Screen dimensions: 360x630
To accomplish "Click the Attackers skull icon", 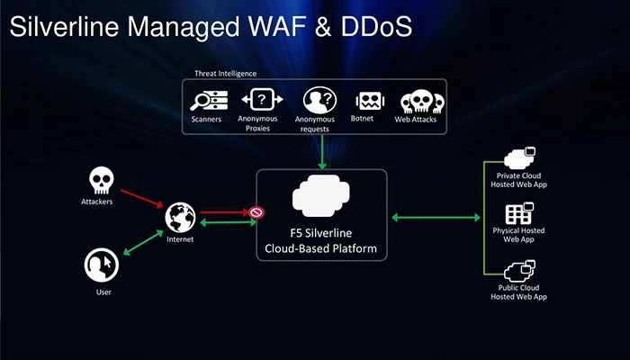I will (x=103, y=181).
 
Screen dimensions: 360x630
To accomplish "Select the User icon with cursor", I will (x=101, y=265).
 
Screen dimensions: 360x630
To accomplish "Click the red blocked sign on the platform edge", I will (x=256, y=212).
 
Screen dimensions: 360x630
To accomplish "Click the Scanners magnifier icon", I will (x=206, y=100).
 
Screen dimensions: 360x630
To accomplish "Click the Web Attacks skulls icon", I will (x=416, y=100).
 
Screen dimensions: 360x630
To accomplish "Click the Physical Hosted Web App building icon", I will (x=517, y=213).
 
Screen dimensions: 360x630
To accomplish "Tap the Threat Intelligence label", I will (x=225, y=72).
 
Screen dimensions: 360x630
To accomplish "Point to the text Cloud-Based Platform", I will (x=322, y=248).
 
